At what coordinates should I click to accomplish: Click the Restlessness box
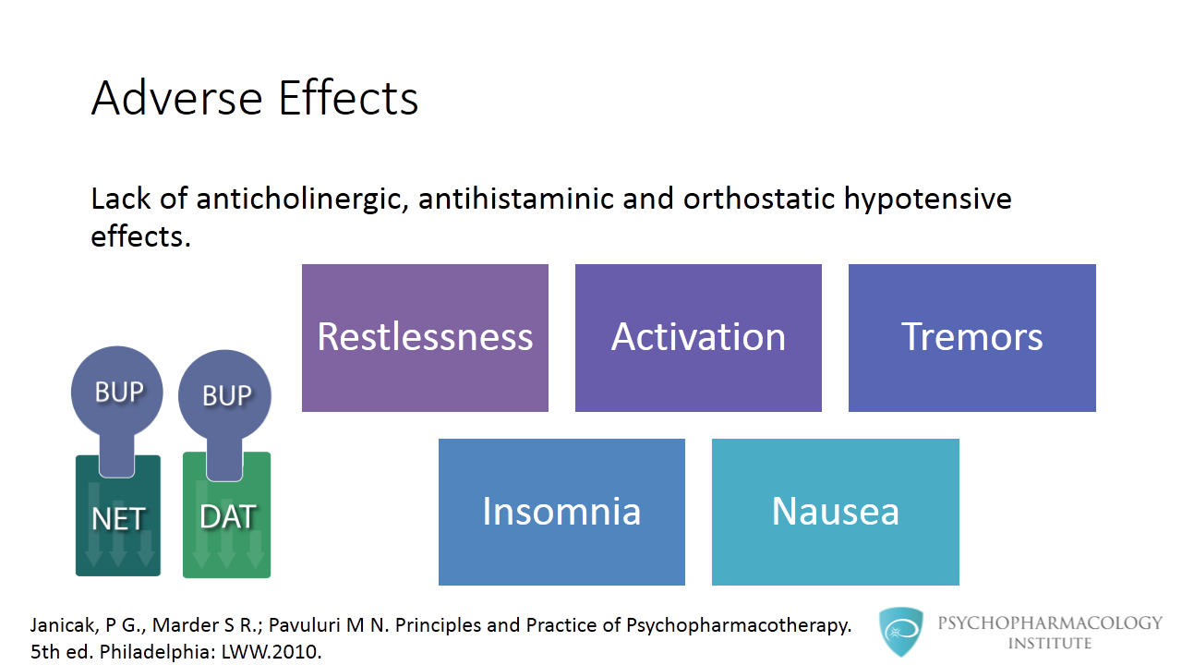[x=425, y=338]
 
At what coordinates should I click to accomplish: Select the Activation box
[x=698, y=338]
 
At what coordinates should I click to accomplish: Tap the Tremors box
[x=971, y=338]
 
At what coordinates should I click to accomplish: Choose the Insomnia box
[x=561, y=512]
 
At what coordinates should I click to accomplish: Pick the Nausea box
[x=835, y=512]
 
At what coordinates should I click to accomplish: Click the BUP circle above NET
[x=118, y=392]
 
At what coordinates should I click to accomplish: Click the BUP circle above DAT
[x=225, y=395]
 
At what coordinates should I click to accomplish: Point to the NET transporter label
[x=118, y=520]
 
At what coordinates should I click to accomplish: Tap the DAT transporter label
[x=226, y=517]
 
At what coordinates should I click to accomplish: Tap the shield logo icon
[x=900, y=632]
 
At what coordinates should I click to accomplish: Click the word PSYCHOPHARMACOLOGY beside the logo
[x=1050, y=623]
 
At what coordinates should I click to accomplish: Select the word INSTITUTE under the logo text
[x=1050, y=643]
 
